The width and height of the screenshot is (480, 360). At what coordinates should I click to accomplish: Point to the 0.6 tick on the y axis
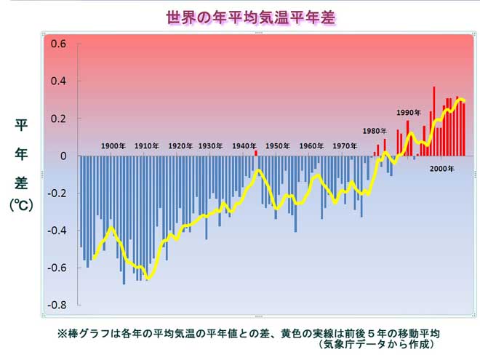pos(58,44)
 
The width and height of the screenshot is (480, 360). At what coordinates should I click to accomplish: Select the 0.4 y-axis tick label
pos(58,81)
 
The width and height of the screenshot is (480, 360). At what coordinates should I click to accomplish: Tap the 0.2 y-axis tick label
pos(58,119)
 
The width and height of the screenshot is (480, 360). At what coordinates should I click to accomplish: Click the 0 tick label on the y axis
pos(63,156)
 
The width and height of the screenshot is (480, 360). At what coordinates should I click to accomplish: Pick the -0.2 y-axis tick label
pos(57,193)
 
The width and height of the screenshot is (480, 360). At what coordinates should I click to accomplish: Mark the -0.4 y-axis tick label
pos(57,231)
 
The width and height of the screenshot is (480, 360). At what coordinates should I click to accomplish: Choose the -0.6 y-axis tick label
pos(57,268)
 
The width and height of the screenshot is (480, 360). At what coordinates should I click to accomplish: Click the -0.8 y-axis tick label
pos(57,305)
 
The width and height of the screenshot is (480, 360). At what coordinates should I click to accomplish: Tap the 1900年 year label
pos(113,146)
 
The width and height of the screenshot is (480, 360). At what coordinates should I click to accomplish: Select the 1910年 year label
pos(147,146)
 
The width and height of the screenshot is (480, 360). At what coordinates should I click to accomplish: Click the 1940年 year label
pos(245,146)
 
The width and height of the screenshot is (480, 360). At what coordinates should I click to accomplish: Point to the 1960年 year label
pos(311,146)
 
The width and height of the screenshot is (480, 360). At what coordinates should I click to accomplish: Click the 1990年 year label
pos(409,113)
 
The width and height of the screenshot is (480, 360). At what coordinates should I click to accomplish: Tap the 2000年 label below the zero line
pos(441,169)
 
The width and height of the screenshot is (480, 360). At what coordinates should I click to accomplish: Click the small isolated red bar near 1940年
pos(256,153)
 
